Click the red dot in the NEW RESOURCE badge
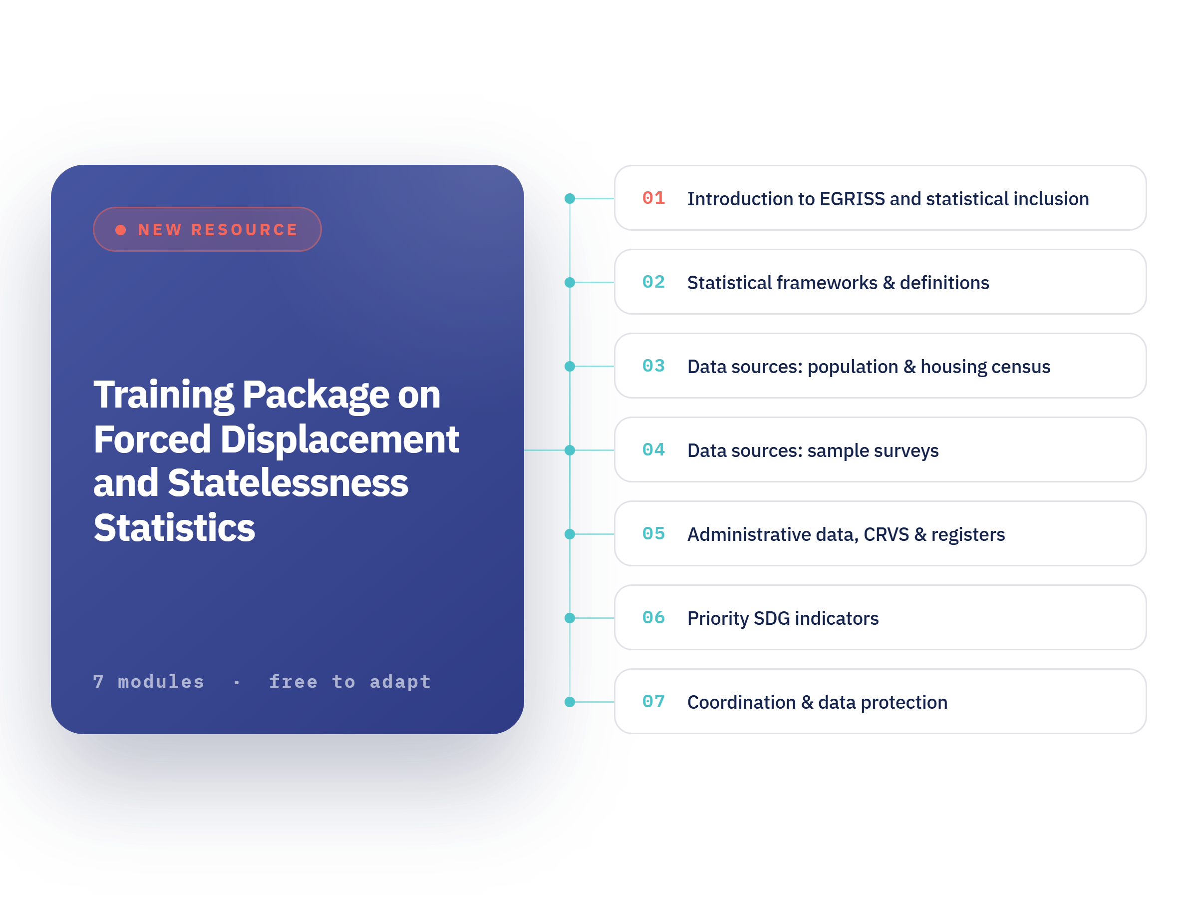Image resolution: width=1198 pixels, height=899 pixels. [x=121, y=230]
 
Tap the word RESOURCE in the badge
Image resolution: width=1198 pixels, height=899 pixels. [x=244, y=230]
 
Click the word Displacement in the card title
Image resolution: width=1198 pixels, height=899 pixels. [x=339, y=439]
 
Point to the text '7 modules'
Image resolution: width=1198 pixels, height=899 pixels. [x=149, y=681]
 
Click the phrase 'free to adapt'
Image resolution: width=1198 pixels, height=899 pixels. [x=350, y=682]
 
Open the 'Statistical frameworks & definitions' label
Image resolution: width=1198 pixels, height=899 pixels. [x=838, y=283]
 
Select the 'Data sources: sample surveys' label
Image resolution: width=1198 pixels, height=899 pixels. [x=813, y=451]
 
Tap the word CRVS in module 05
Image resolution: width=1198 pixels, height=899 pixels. [x=886, y=534]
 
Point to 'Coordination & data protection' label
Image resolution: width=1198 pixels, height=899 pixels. [x=817, y=702]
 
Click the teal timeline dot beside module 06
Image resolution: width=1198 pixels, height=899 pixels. [x=570, y=618]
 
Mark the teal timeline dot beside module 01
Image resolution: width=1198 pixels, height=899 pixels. [x=570, y=198]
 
